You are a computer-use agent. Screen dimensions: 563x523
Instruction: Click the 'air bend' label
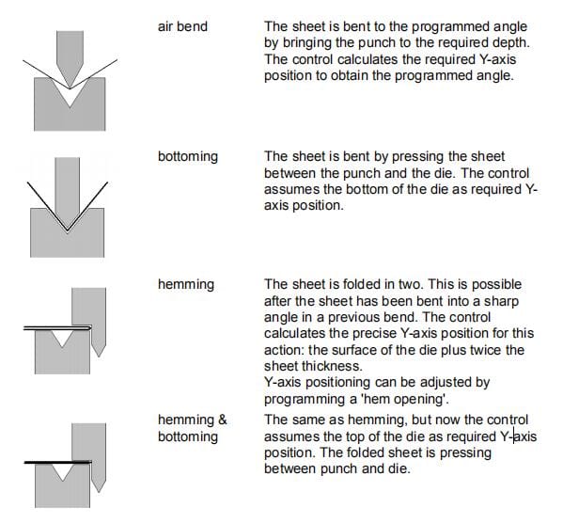pos(182,26)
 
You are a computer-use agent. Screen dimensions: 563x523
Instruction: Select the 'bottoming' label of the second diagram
pos(188,157)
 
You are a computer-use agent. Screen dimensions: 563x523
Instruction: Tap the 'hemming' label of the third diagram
pos(186,285)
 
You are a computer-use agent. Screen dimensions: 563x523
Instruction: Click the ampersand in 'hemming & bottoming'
pos(223,420)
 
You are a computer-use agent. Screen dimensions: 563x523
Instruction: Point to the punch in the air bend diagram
pos(70,54)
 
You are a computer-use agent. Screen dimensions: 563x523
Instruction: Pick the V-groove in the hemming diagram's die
pos(62,338)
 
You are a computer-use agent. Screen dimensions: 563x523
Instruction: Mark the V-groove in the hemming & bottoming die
pos(63,471)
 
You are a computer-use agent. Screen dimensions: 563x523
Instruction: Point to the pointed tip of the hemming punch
pos(99,357)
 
